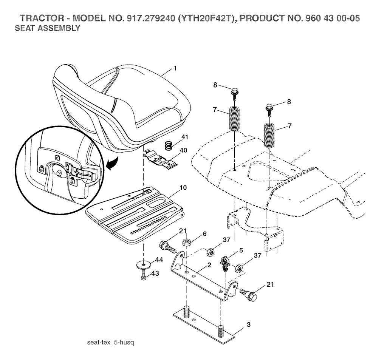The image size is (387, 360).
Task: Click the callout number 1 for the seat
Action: pyautogui.click(x=175, y=68)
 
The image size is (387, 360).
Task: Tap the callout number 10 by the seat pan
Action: pyautogui.click(x=183, y=187)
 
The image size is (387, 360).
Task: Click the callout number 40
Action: pyautogui.click(x=184, y=150)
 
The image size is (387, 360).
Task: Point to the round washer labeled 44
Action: pyautogui.click(x=144, y=265)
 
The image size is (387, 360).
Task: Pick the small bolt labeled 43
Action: pyautogui.click(x=143, y=275)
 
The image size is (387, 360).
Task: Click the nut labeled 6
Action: pyautogui.click(x=187, y=242)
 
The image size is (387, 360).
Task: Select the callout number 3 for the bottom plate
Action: pyautogui.click(x=249, y=325)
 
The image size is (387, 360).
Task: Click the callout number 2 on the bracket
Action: pyautogui.click(x=209, y=265)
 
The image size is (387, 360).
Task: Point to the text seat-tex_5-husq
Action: pyautogui.click(x=111, y=343)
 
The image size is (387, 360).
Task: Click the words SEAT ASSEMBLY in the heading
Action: pyautogui.click(x=47, y=28)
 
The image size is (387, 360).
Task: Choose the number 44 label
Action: pyautogui.click(x=159, y=260)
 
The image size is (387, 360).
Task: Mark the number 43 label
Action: pyautogui.click(x=155, y=273)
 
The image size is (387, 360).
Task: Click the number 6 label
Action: pyautogui.click(x=204, y=234)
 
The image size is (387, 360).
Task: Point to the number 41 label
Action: pyautogui.click(x=185, y=137)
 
